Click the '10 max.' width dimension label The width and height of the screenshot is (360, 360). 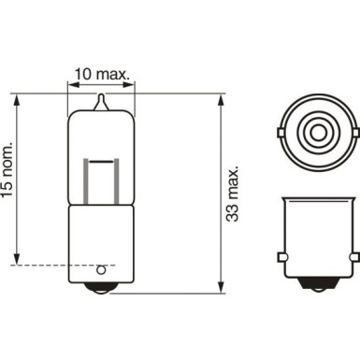tap(101, 71)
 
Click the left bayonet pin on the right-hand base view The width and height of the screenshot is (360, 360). tap(282, 254)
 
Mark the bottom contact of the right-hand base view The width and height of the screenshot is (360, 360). tap(318, 288)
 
